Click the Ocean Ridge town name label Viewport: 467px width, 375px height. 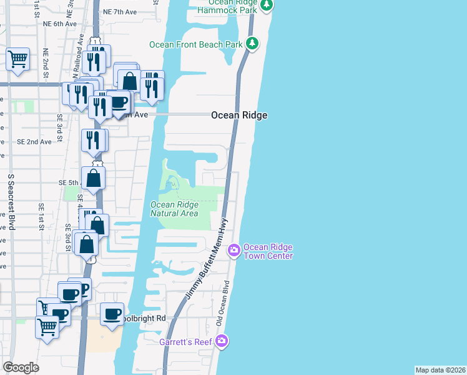tap(239, 115)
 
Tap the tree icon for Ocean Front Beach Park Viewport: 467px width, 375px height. tap(252, 44)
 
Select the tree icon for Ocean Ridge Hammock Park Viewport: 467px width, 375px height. tap(267, 6)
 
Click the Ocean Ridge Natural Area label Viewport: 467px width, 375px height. tap(175, 209)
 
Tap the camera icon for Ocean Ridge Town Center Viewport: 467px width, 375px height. tap(234, 251)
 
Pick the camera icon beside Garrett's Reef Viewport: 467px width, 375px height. tap(222, 341)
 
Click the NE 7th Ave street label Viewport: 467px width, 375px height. tap(120, 12)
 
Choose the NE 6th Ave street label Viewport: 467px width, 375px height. tap(60, 24)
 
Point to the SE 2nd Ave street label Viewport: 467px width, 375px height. tap(34, 142)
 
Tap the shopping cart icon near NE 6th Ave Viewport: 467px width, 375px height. tap(18, 59)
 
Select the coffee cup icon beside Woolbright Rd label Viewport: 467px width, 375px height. tap(112, 314)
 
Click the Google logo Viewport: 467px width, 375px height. tap(21, 367)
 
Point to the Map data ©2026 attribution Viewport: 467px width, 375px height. tap(440, 369)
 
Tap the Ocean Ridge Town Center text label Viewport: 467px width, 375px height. tap(267, 251)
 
